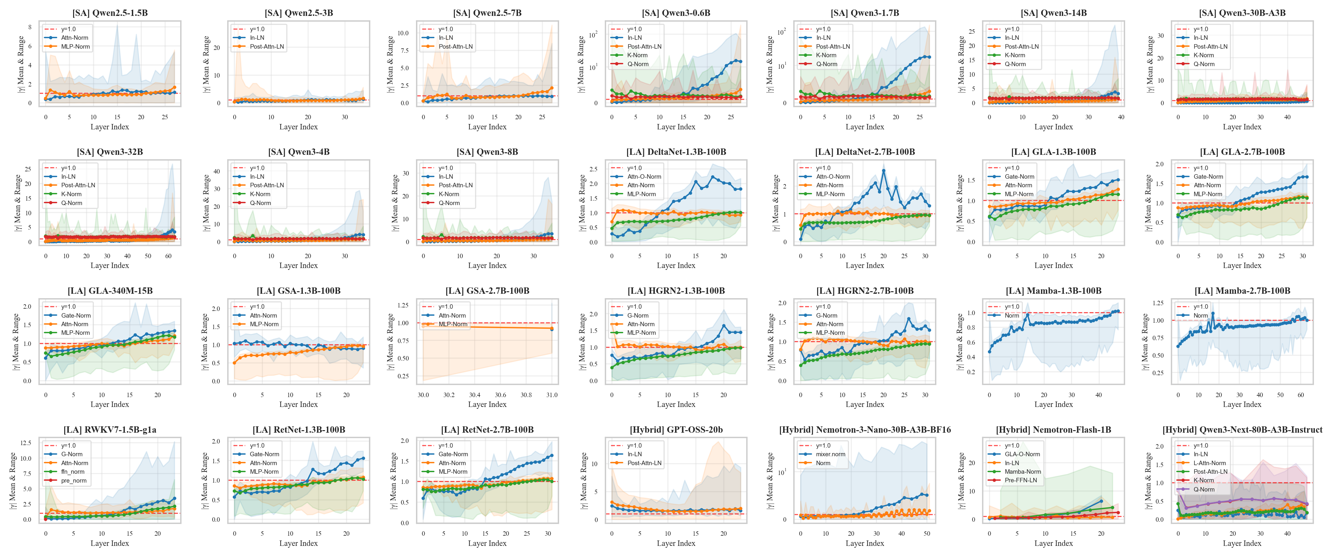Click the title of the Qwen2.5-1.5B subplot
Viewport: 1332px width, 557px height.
tap(110, 13)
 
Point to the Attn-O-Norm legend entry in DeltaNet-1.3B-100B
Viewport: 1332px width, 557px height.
tap(644, 176)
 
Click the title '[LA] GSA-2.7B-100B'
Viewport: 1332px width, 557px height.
tap(487, 291)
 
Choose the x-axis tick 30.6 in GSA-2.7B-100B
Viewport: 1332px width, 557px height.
tap(500, 395)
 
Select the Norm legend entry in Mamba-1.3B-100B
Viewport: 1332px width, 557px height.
tap(1012, 315)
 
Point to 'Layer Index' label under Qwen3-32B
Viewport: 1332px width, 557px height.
tap(110, 266)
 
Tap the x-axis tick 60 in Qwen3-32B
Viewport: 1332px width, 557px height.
tap(168, 256)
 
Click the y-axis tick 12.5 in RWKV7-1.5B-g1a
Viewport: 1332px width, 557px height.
tap(26, 443)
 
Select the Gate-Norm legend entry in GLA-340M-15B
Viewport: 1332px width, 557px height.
tap(76, 315)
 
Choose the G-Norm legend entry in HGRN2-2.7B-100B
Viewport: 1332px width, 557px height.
tap(826, 315)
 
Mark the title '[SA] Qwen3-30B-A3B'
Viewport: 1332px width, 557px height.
tap(1242, 13)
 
